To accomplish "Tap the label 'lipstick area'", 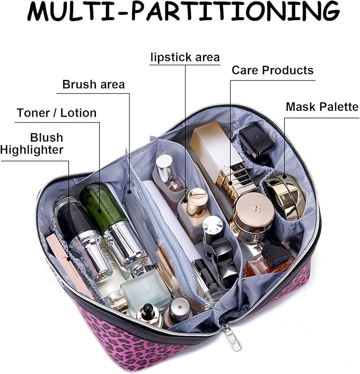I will pyautogui.click(x=185, y=57).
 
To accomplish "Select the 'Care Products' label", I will pyautogui.click(x=273, y=71).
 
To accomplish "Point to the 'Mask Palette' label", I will pyautogui.click(x=322, y=107).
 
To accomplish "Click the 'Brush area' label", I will pyautogui.click(x=93, y=85).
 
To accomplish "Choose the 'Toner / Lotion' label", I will pyautogui.click(x=56, y=113).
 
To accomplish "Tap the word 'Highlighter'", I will pyautogui.click(x=32, y=150).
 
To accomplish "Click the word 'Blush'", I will pyautogui.click(x=47, y=138).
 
